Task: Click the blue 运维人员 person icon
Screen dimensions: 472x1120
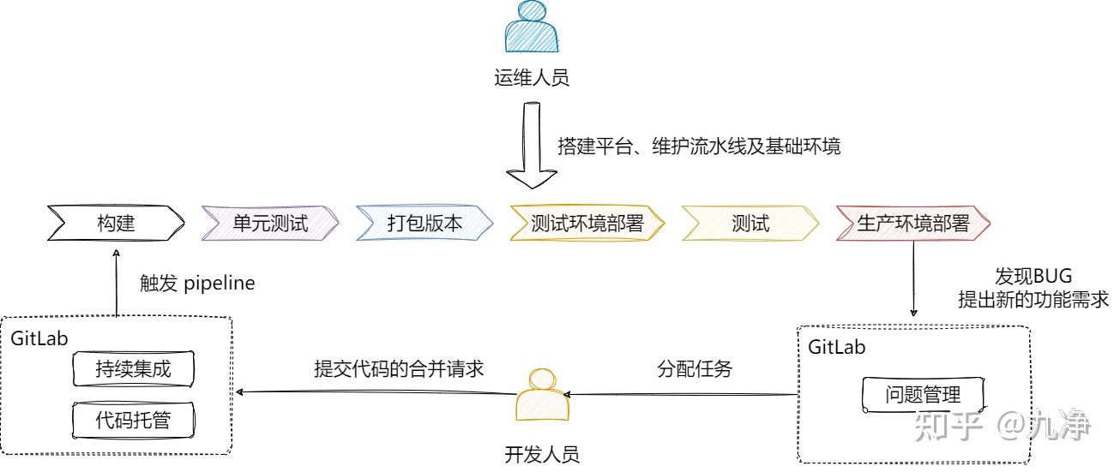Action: pyautogui.click(x=531, y=30)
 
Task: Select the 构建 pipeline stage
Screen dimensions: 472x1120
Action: pyautogui.click(x=116, y=224)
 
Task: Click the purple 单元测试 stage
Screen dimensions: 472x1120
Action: pyautogui.click(x=270, y=224)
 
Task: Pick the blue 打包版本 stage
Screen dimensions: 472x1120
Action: pyautogui.click(x=425, y=224)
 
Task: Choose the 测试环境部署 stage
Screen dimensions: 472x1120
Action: pyautogui.click(x=587, y=224)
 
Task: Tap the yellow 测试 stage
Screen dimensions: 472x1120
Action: pyautogui.click(x=750, y=224)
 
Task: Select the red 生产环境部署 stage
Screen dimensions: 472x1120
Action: pyautogui.click(x=912, y=224)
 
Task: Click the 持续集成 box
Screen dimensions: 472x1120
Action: pyautogui.click(x=133, y=371)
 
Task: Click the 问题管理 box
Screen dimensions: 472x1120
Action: pyautogui.click(x=923, y=395)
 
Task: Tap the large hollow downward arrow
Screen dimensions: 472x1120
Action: pyautogui.click(x=531, y=146)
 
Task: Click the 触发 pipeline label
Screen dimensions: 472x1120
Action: pyautogui.click(x=197, y=284)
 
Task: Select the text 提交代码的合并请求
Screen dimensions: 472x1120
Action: pyautogui.click(x=400, y=369)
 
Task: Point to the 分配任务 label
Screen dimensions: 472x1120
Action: pyautogui.click(x=695, y=369)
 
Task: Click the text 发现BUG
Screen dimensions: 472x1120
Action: pyautogui.click(x=1033, y=277)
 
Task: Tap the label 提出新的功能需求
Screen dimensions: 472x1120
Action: pyautogui.click(x=1033, y=300)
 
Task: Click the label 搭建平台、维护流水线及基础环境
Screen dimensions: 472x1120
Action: pyautogui.click(x=699, y=146)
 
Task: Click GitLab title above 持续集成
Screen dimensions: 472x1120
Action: pyautogui.click(x=39, y=338)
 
